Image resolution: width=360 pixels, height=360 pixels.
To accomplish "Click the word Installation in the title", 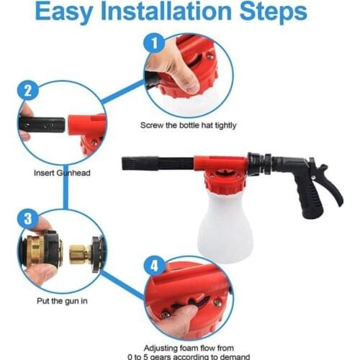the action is click(166, 12).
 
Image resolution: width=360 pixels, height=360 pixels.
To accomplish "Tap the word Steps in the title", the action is click(274, 12).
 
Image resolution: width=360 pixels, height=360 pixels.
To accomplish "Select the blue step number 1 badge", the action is click(154, 43).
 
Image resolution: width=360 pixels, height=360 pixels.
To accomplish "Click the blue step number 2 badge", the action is click(28, 91).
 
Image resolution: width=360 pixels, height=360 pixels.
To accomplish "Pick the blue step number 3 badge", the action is click(28, 219).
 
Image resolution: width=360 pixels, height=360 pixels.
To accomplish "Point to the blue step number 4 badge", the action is click(154, 266).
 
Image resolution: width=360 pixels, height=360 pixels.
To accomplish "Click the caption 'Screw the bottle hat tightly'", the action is click(189, 125).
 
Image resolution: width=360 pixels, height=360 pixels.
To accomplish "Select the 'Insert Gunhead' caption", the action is click(62, 173).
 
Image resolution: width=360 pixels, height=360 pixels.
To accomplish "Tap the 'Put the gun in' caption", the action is click(62, 301).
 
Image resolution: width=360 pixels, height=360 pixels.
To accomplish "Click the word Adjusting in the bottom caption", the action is click(165, 348).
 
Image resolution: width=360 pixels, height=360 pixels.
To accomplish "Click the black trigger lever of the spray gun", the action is click(330, 182).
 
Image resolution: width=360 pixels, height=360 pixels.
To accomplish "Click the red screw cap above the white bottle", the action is click(225, 181).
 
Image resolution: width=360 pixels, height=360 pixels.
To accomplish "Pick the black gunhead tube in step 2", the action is click(42, 125).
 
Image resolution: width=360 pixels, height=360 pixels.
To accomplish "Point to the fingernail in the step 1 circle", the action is click(193, 89).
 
